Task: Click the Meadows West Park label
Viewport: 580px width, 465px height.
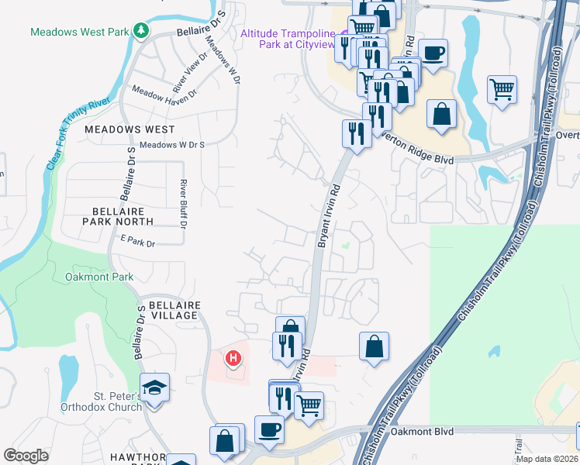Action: pos(80,32)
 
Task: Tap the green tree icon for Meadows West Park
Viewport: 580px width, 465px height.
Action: pos(140,31)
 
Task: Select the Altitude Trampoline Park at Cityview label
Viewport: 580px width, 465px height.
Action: pos(288,39)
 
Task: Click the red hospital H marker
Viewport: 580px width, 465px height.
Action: pos(233,359)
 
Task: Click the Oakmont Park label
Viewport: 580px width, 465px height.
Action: pos(100,277)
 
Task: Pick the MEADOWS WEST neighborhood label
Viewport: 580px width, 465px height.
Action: pos(130,129)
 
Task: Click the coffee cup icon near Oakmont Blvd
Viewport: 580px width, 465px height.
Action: pos(270,428)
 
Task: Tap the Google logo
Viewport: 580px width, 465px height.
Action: pos(26,456)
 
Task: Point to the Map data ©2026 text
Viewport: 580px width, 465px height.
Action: pos(546,459)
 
